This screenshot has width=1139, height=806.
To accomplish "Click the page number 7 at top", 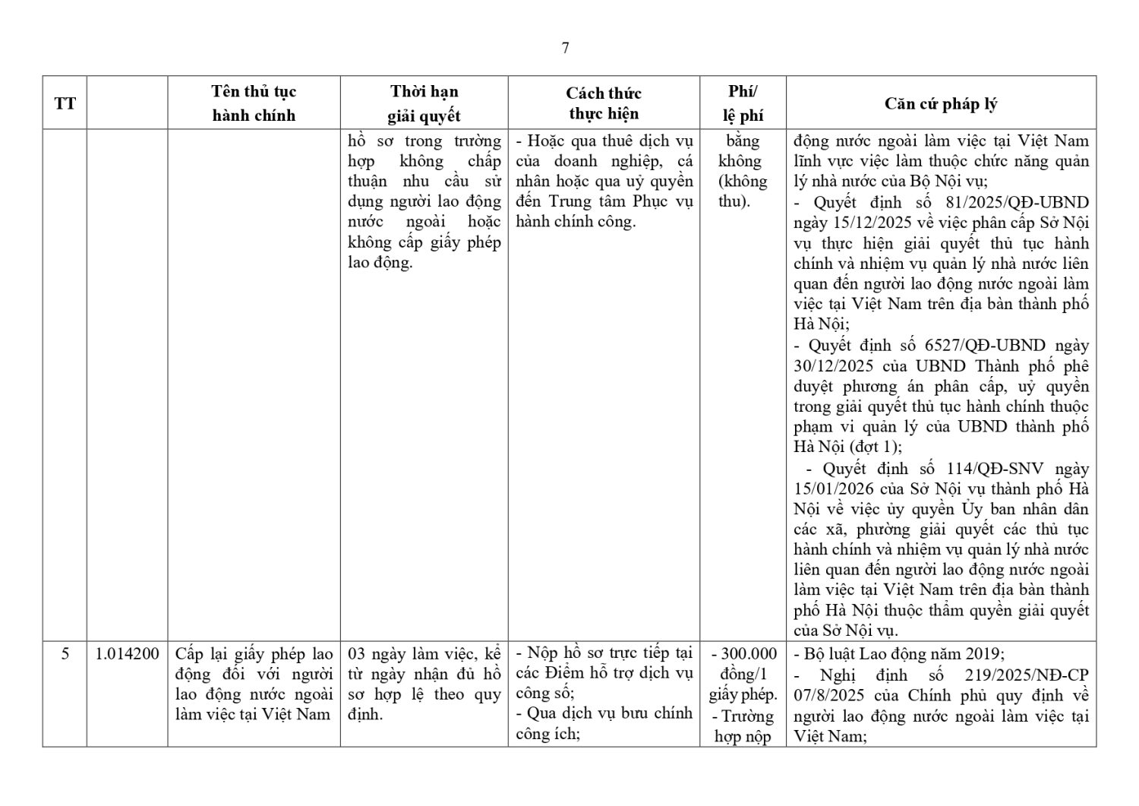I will click(x=566, y=48).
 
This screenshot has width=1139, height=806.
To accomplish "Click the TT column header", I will click(x=65, y=103).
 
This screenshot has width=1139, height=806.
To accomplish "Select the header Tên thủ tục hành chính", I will click(x=254, y=103).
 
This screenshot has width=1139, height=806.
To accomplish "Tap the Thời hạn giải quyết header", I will click(x=424, y=103).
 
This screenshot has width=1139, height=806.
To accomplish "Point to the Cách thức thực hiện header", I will click(x=604, y=103).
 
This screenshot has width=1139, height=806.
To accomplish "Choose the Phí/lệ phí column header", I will click(x=742, y=103).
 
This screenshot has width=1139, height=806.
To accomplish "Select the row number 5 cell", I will click(x=65, y=653).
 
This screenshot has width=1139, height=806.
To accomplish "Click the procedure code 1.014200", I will click(x=128, y=653).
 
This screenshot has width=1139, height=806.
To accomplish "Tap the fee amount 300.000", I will click(x=749, y=653).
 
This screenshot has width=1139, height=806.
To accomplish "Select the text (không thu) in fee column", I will click(x=743, y=191).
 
